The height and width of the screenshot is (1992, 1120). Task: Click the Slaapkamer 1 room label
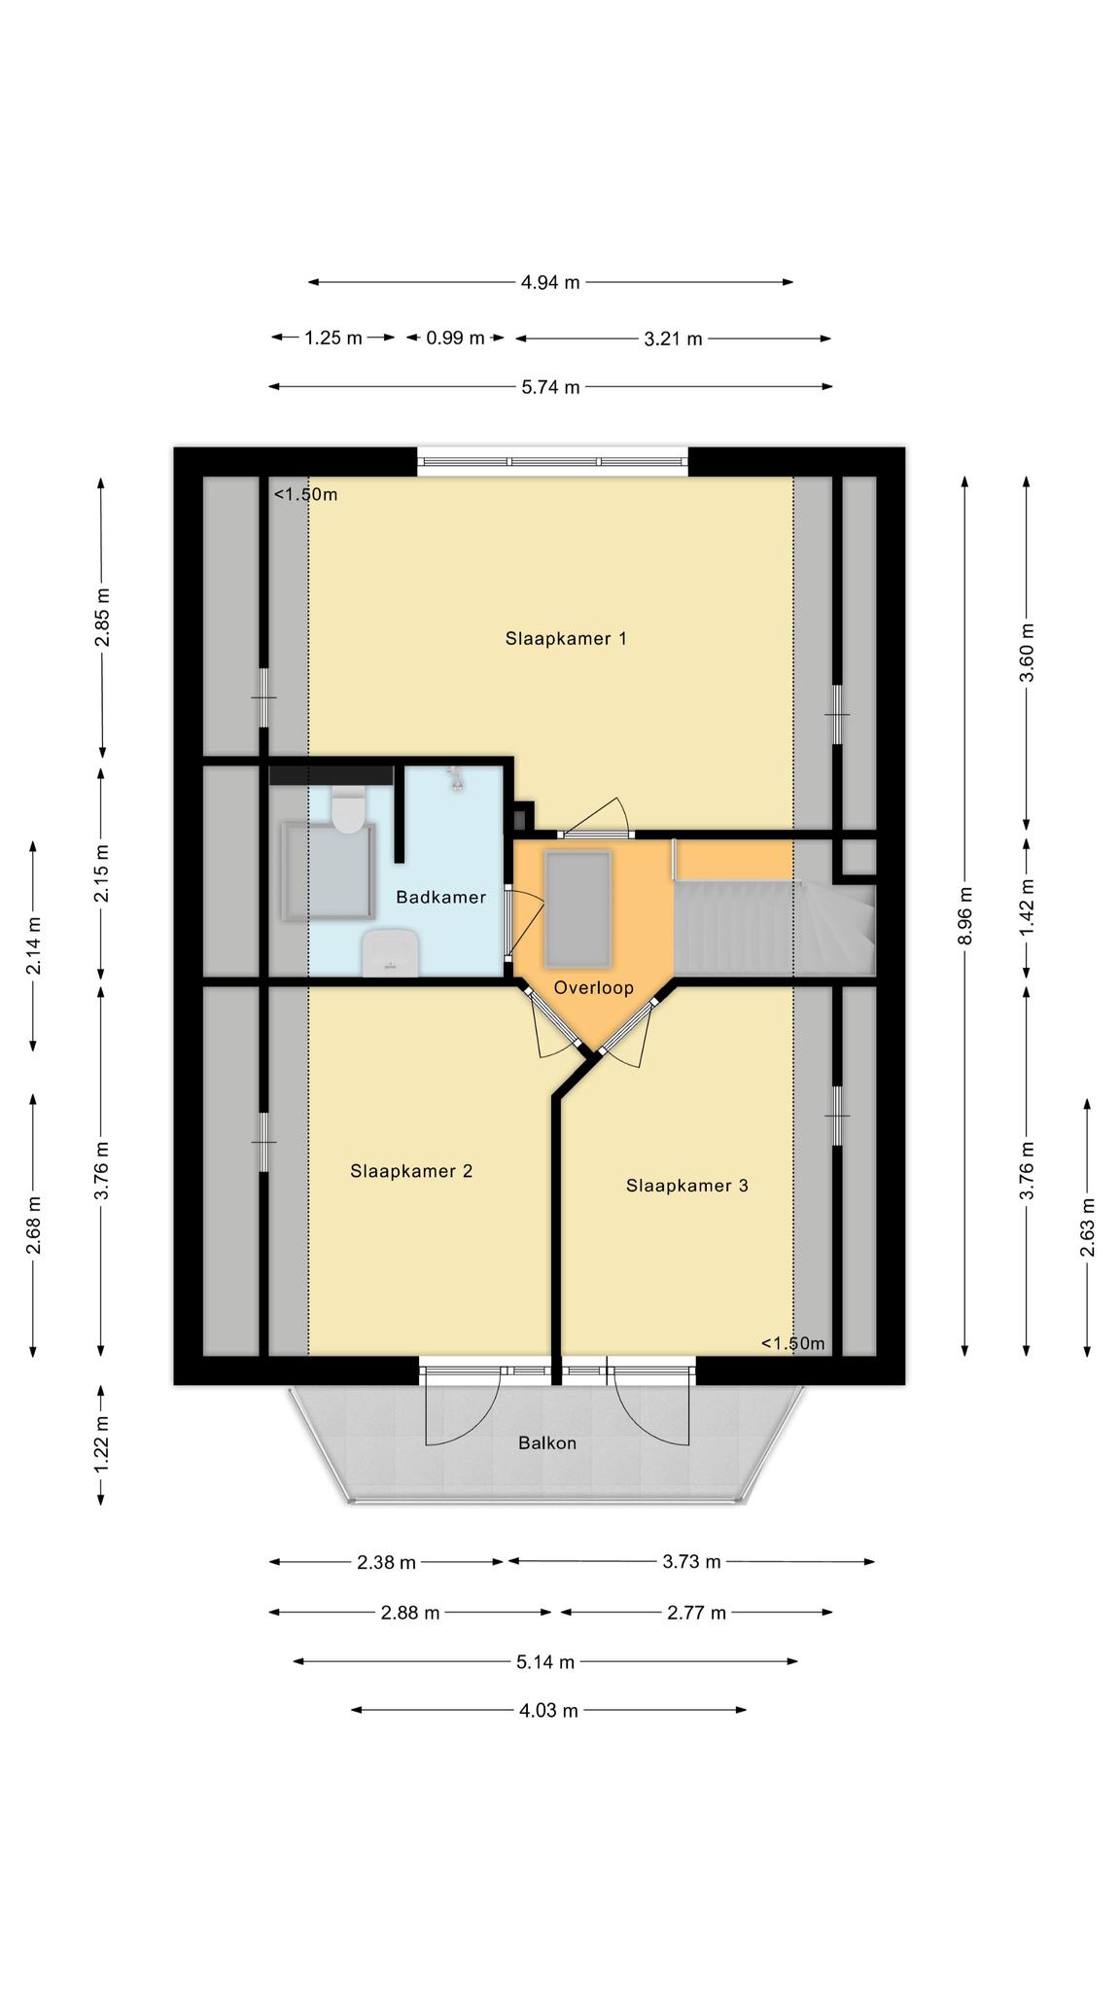(566, 638)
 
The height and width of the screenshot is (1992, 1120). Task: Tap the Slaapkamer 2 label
(411, 1171)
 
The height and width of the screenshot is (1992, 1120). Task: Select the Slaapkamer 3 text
(687, 1186)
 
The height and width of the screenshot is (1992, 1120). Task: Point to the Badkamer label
(440, 897)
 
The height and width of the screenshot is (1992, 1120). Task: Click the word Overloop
(594, 988)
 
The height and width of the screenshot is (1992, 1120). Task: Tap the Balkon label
(547, 1442)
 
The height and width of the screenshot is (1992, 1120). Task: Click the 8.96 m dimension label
(964, 914)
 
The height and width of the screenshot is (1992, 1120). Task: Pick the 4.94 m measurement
(550, 283)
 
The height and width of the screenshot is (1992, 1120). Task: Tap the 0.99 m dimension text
(455, 338)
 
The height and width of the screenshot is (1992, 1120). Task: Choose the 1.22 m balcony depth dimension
(101, 1444)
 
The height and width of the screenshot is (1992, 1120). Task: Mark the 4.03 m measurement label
(549, 1710)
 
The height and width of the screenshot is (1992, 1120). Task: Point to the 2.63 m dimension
(1087, 1226)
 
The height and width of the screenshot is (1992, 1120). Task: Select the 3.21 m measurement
(673, 338)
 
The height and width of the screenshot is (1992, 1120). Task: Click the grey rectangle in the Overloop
(579, 908)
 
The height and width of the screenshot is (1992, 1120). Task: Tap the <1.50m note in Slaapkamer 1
(305, 494)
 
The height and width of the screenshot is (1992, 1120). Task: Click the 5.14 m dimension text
(545, 1661)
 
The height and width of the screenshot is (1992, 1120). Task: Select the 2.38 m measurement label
(386, 1562)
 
